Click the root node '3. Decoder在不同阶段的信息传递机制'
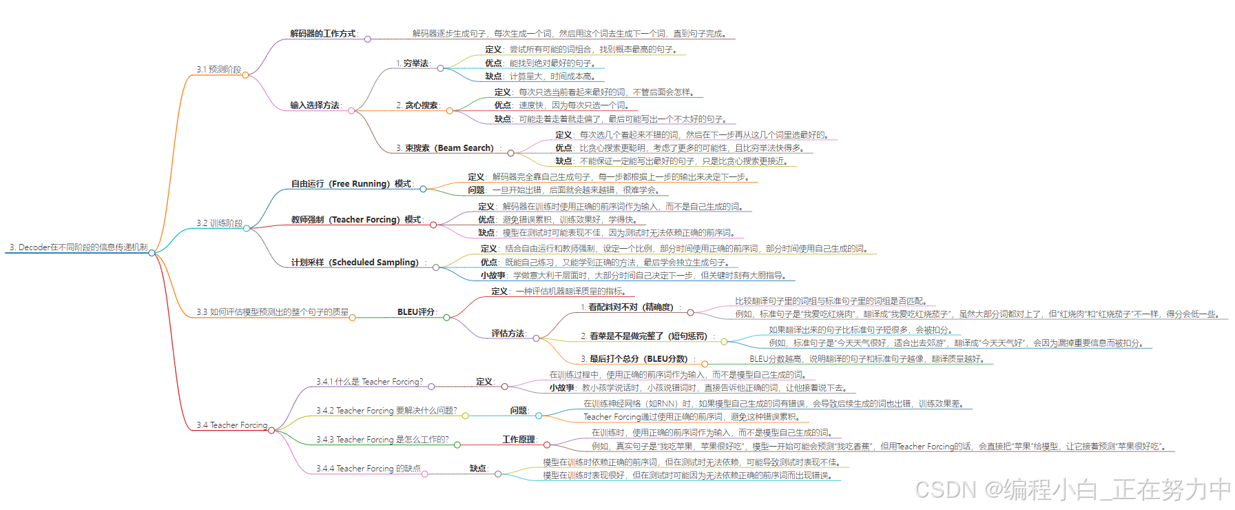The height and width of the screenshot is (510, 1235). click(x=79, y=247)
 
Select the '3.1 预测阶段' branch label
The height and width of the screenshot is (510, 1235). click(x=218, y=70)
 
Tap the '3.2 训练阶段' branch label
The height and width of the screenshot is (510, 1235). click(x=219, y=223)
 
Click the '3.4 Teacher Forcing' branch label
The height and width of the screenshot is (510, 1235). click(x=231, y=425)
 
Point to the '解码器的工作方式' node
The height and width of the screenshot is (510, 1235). click(x=323, y=34)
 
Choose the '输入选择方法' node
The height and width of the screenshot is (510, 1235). click(x=315, y=105)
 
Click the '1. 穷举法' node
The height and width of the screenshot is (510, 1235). click(x=413, y=63)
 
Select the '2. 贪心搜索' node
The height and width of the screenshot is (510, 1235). click(x=417, y=105)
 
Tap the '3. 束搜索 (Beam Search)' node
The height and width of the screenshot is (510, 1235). click(x=445, y=148)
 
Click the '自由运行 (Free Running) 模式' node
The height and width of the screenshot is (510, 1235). click(x=351, y=184)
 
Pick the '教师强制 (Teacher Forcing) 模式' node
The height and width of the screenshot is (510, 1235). click(x=356, y=220)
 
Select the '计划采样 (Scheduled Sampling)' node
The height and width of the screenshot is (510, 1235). click(x=355, y=263)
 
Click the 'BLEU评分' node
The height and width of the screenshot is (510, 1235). click(x=416, y=312)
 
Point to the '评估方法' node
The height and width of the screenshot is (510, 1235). click(x=508, y=334)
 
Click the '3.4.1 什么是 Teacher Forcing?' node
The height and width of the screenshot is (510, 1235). click(x=369, y=382)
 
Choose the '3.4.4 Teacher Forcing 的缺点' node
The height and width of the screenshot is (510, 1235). click(x=368, y=469)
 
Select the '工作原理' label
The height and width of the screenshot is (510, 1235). click(x=519, y=440)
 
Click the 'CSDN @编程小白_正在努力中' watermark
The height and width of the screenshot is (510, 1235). click(x=1072, y=489)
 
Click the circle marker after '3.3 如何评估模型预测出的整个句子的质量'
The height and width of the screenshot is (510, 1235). click(x=353, y=318)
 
